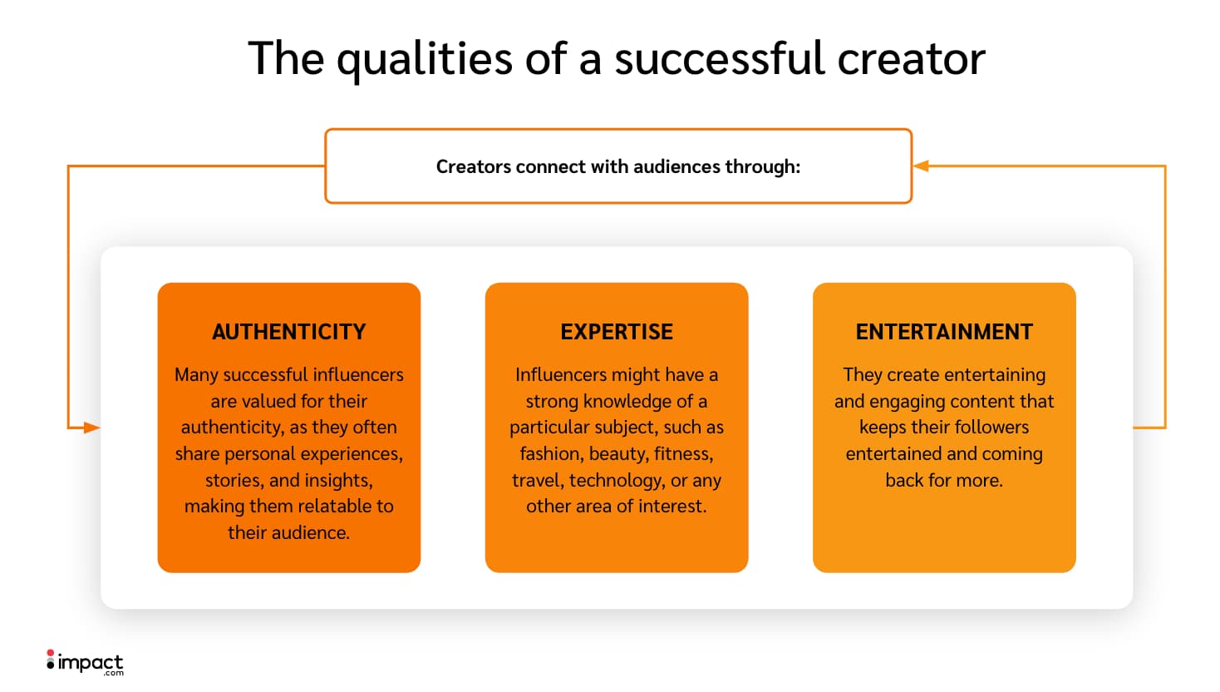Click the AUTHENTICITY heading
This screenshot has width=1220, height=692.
pyautogui.click(x=288, y=332)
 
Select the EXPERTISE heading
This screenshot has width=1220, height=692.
pyautogui.click(x=617, y=332)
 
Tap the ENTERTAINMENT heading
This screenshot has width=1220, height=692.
pyautogui.click(x=944, y=332)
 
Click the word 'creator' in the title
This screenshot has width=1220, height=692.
pyautogui.click(x=911, y=59)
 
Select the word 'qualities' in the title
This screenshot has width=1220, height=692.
pyautogui.click(x=425, y=59)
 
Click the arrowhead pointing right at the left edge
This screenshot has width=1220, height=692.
pyautogui.click(x=91, y=428)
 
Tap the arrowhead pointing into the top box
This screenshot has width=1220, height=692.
pyautogui.click(x=921, y=166)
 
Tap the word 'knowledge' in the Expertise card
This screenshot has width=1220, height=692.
pyautogui.click(x=627, y=402)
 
